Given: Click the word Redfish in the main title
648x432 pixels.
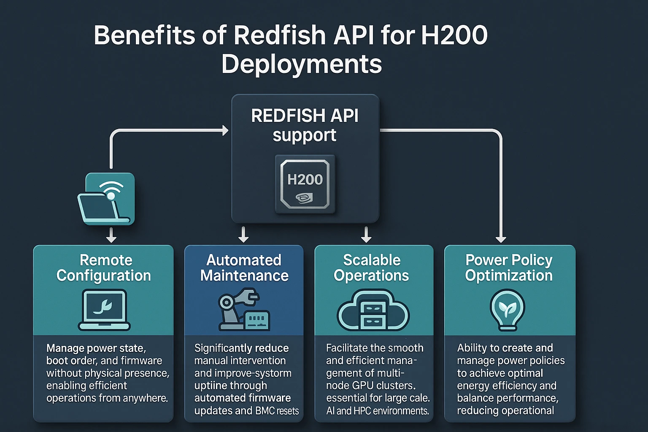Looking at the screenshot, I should [x=279, y=35].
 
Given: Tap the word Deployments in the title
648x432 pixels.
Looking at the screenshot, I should [x=302, y=64].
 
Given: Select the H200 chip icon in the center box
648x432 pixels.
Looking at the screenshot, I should [x=305, y=184].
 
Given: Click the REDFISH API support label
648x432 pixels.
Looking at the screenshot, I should [x=305, y=125].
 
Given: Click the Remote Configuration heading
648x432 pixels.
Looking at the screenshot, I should [x=104, y=267].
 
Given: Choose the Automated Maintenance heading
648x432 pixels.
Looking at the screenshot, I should [x=244, y=267].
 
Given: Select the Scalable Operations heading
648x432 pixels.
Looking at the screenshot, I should [x=371, y=267].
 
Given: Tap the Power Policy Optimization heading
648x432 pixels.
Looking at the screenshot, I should [x=509, y=267].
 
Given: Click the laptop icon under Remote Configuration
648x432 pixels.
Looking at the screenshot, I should [x=104, y=310].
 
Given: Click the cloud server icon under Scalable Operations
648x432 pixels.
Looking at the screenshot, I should [x=373, y=310].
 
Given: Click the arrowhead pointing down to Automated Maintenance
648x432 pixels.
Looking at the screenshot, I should [x=243, y=238].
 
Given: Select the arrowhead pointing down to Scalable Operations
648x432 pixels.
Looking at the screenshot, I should [x=366, y=238].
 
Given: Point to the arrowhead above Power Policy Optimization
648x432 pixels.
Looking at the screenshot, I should [x=501, y=239].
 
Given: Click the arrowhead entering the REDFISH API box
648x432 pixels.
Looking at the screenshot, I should [x=225, y=130].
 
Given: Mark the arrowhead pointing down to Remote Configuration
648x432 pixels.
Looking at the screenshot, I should [x=111, y=238].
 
